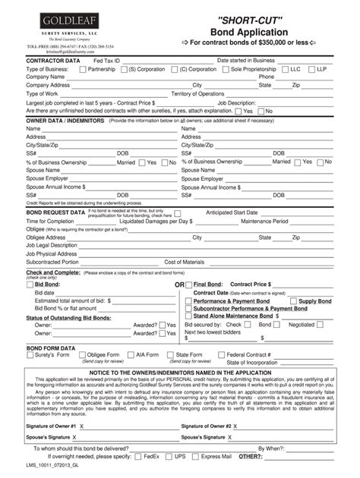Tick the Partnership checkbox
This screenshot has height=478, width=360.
(x=83, y=68)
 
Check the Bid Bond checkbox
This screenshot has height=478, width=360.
(x=30, y=284)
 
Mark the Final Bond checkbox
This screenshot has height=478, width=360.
(x=188, y=284)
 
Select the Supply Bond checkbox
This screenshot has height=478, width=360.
(x=293, y=301)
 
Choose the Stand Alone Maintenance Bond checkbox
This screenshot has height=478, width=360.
(x=188, y=316)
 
